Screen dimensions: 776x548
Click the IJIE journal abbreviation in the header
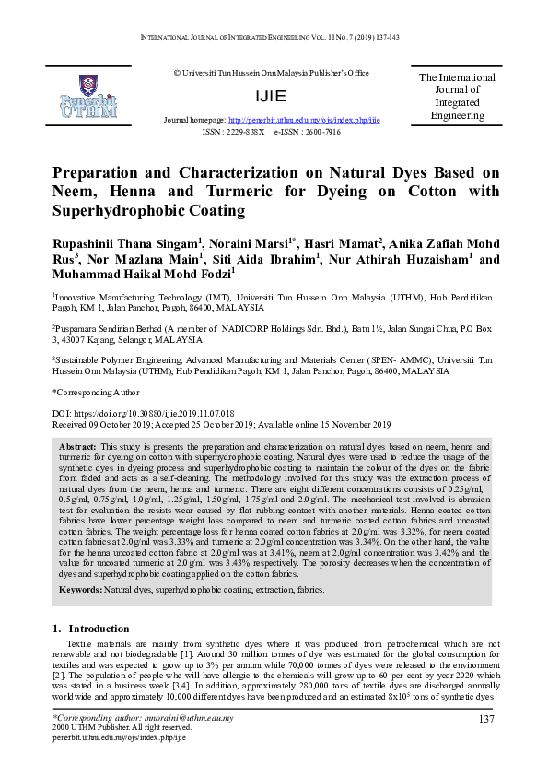[274, 96]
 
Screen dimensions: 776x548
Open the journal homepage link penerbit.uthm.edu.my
[304, 121]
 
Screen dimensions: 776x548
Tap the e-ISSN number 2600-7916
[320, 132]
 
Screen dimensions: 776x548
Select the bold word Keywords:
[81, 562]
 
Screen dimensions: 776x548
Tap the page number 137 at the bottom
[488, 718]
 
